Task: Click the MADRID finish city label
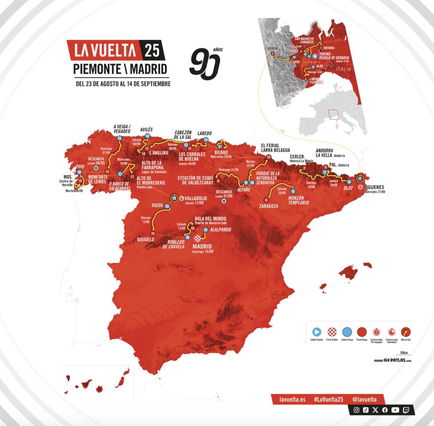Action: pyautogui.click(x=202, y=247)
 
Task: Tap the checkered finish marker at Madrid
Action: pyautogui.click(x=197, y=239)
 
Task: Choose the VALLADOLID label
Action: pyautogui.click(x=196, y=198)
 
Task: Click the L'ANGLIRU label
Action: pyautogui.click(x=158, y=153)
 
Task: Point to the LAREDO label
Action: pyautogui.click(x=204, y=133)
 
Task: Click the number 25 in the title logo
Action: pyautogui.click(x=152, y=50)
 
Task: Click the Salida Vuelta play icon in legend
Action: pyautogui.click(x=317, y=332)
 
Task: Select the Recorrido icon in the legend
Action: pyautogui.click(x=406, y=332)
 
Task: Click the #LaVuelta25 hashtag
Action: pyautogui.click(x=328, y=399)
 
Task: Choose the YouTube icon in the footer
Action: pyautogui.click(x=395, y=410)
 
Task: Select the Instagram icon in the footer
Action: pyautogui.click(x=356, y=410)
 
